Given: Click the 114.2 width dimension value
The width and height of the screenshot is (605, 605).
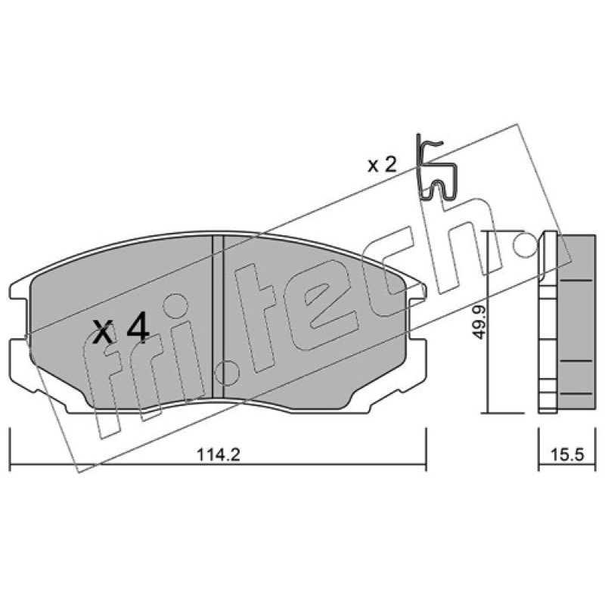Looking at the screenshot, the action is pyautogui.click(x=219, y=455).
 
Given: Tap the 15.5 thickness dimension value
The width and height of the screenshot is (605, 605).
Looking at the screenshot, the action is pyautogui.click(x=567, y=455).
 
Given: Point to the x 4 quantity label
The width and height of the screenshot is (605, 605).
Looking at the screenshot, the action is pyautogui.click(x=119, y=329).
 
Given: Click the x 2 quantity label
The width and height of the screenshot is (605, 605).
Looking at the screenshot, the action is pyautogui.click(x=382, y=165).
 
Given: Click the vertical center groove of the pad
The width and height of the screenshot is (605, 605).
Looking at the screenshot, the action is pyautogui.click(x=218, y=316).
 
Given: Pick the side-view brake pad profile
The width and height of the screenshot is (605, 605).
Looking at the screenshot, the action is pyautogui.click(x=566, y=323).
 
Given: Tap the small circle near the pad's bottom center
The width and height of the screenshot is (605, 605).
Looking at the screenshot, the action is pyautogui.click(x=228, y=373).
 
